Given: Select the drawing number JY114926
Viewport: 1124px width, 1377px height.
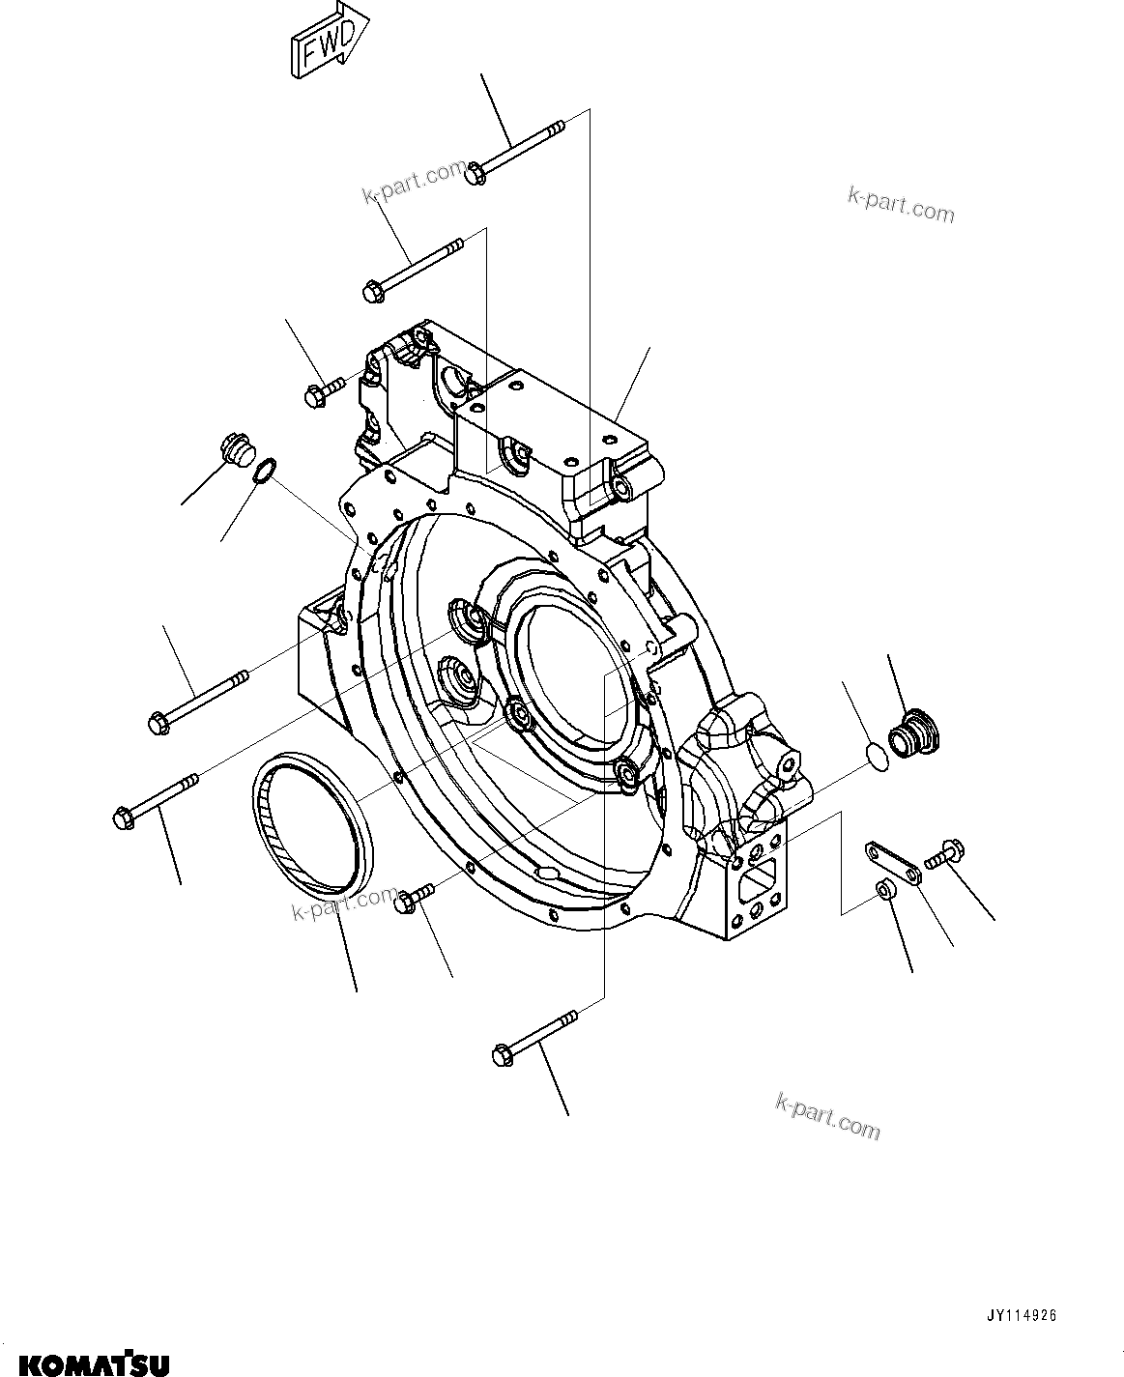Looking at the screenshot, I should (x=1022, y=1316).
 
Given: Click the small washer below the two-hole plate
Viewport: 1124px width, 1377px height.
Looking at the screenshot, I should (x=883, y=890).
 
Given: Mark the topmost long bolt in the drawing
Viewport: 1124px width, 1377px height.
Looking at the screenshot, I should (x=516, y=152).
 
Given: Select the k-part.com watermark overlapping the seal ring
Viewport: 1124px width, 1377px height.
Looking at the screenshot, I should (x=344, y=904).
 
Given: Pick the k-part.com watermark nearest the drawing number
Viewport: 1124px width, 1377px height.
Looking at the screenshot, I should (x=828, y=1115).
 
